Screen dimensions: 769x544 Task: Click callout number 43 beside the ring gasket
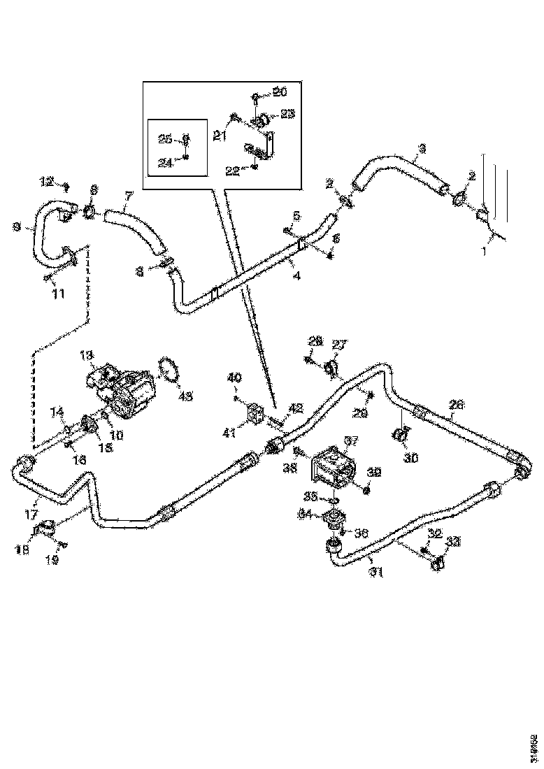pos(185,397)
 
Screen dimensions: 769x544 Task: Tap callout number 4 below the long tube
pos(297,276)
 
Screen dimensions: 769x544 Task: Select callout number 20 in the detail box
pos(280,92)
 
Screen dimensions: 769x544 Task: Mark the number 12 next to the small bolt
pos(47,182)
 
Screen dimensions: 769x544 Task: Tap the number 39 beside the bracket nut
pos(374,473)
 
